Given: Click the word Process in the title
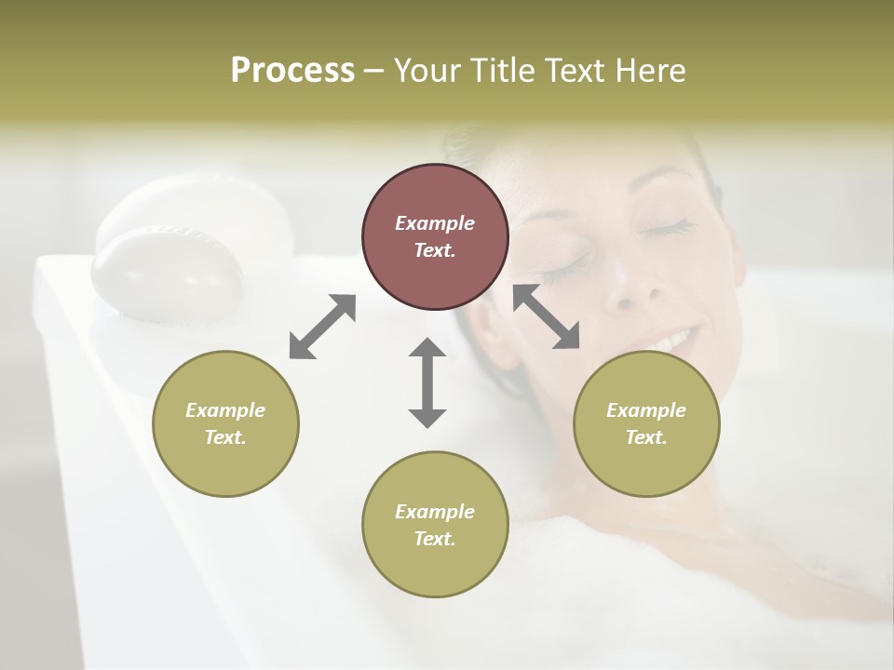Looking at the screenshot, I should coord(292,71).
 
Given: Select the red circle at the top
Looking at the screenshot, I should coord(435,236).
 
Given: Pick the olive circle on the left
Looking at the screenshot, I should coord(225,423).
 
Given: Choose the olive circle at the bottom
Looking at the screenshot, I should coord(435,525).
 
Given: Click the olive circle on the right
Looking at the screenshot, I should coord(646,423).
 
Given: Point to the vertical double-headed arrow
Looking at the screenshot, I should coord(427,382).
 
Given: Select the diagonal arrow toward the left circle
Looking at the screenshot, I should coord(322,327).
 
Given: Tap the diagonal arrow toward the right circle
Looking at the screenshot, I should coord(547,316).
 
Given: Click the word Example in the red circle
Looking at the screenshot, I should coord(435,223).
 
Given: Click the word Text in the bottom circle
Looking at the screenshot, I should coord(434,539).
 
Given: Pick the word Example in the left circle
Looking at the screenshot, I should coord(225,410).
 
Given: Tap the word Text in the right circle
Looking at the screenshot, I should coord(645,437).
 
